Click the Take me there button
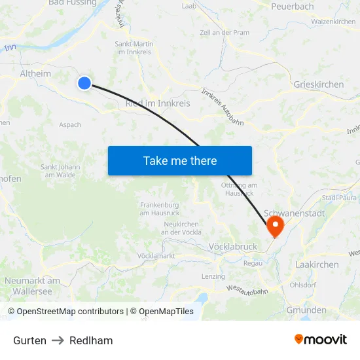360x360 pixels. click(180, 160)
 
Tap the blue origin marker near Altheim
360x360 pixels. click(84, 83)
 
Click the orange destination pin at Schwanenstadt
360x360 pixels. click(275, 227)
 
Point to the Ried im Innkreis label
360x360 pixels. click(157, 103)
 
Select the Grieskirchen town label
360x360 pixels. click(319, 84)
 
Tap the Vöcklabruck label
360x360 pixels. click(232, 247)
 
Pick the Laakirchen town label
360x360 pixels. click(317, 264)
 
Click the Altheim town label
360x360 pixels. click(35, 74)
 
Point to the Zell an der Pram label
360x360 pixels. click(224, 33)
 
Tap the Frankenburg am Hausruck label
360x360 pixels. click(160, 209)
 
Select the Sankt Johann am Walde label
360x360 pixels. click(60, 171)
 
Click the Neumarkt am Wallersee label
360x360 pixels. click(32, 285)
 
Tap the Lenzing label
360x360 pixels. click(213, 276)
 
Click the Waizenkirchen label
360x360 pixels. click(333, 22)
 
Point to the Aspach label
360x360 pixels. click(70, 124)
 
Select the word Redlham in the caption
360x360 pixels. click(91, 340)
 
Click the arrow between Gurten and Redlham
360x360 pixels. click(58, 340)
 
